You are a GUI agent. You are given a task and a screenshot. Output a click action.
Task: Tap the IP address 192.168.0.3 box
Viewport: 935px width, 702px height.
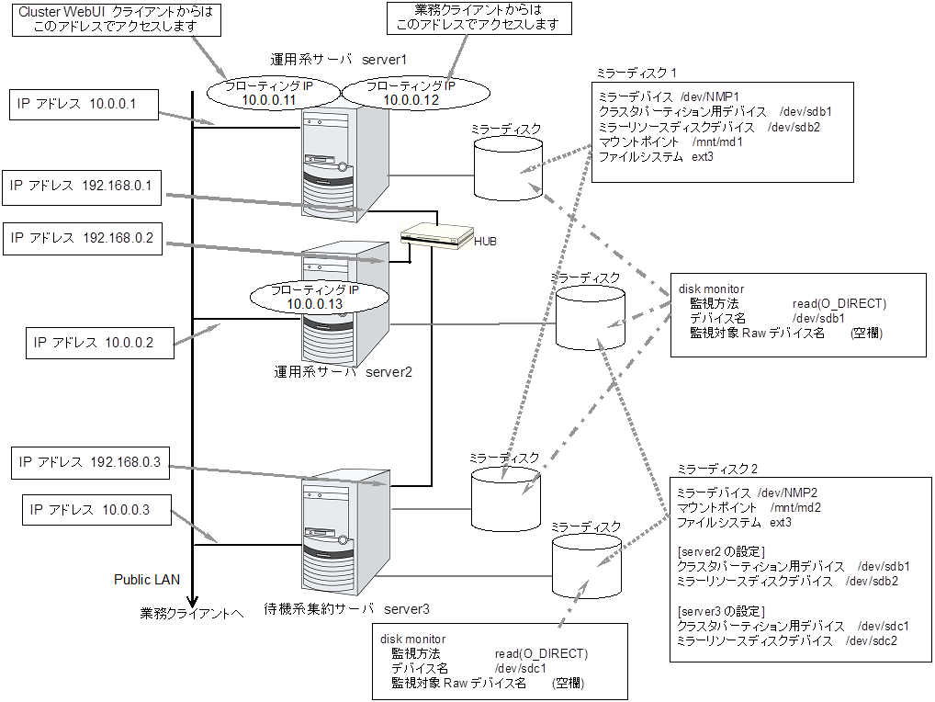coord(89,463)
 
